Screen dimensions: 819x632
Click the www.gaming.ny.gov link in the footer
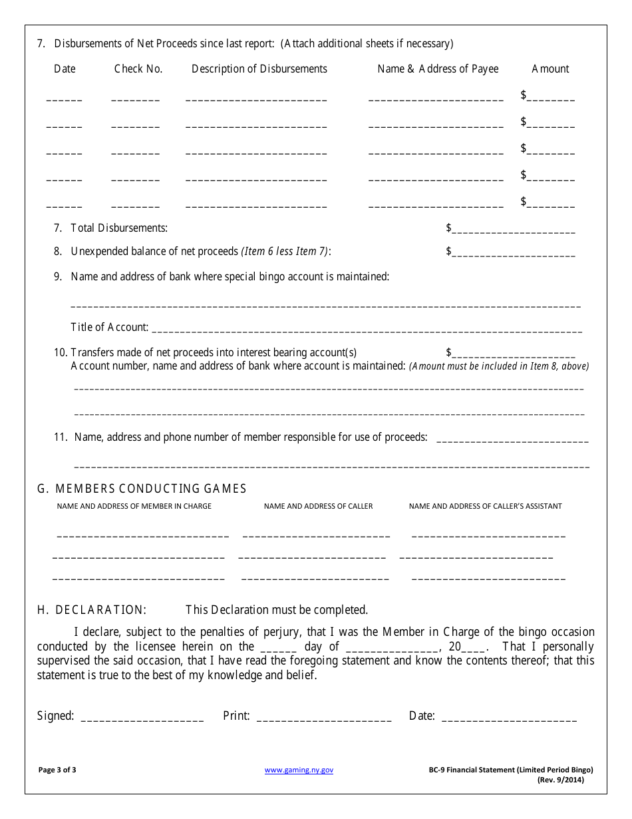(x=299, y=770)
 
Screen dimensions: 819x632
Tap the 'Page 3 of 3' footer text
(x=57, y=770)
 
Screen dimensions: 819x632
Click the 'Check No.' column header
(x=138, y=69)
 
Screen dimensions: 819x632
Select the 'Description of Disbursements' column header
(x=259, y=69)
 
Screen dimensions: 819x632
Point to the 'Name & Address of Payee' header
(x=438, y=69)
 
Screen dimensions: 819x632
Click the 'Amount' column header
(x=550, y=69)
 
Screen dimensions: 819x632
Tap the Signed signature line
(x=142, y=718)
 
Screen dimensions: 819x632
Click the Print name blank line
(x=323, y=718)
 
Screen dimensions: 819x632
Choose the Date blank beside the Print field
(x=509, y=718)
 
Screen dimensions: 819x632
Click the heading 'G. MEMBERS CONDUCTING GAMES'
(x=142, y=489)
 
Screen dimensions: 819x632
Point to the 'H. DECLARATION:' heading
(x=92, y=609)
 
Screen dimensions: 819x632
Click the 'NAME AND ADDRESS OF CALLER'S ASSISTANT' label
(x=485, y=506)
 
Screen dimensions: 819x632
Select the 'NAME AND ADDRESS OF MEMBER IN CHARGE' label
(x=134, y=506)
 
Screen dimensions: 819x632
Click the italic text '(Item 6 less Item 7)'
(x=285, y=251)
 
